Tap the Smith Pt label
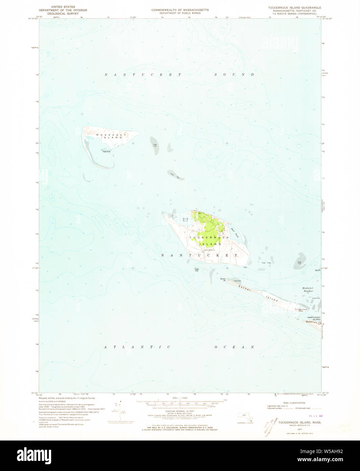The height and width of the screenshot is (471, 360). pyautogui.click(x=223, y=280)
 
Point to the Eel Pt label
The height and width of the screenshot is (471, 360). pyautogui.click(x=317, y=270)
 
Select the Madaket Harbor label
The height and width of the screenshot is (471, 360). pyautogui.click(x=308, y=289)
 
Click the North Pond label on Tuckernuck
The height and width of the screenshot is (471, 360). pyautogui.click(x=185, y=220)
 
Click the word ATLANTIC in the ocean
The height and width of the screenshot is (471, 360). pyautogui.click(x=137, y=347)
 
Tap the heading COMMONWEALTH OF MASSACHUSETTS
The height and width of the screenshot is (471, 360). pyautogui.click(x=180, y=10)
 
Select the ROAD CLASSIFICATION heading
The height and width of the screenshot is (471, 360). pyautogui.click(x=285, y=403)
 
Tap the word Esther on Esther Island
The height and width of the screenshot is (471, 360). pyautogui.click(x=245, y=289)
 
